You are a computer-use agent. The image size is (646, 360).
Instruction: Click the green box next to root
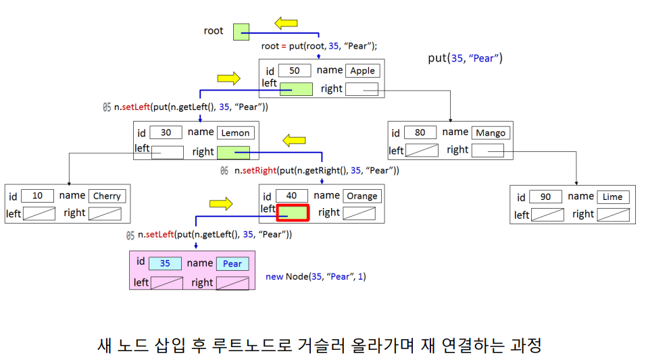[241, 32]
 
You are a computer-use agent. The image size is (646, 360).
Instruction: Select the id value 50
[295, 70]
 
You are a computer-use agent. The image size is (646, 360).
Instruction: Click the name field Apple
[362, 70]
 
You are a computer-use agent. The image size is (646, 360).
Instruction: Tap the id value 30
[166, 132]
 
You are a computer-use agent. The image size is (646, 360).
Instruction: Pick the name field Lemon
[234, 133]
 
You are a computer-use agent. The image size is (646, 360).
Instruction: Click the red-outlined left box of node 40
[293, 213]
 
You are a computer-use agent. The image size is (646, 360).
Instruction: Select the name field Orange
[362, 196]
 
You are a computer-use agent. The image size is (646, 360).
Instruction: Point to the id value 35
[165, 263]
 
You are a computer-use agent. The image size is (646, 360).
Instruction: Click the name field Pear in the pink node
[232, 263]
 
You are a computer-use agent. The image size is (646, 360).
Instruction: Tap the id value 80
[420, 132]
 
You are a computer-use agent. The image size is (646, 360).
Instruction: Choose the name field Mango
[490, 132]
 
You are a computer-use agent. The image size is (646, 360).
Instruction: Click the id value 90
[545, 197]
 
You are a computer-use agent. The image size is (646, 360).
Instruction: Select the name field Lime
[612, 197]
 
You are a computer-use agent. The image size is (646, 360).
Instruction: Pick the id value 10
[38, 196]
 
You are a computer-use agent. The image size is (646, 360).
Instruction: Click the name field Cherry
[106, 196]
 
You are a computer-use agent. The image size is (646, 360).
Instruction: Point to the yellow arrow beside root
[286, 24]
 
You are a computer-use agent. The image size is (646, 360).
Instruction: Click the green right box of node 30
[233, 153]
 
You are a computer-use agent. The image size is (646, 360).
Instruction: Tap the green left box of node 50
[296, 88]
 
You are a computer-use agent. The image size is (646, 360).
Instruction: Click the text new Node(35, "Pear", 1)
[316, 276]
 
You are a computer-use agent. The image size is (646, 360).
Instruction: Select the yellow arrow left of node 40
[221, 203]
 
